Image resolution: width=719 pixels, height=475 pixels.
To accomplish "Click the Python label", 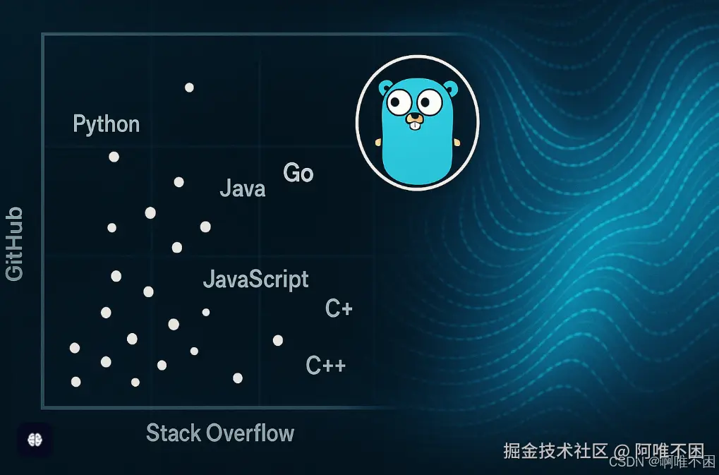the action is [x=106, y=124].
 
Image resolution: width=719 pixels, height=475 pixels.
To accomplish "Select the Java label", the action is [x=242, y=188].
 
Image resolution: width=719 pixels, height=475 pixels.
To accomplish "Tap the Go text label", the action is [x=298, y=173].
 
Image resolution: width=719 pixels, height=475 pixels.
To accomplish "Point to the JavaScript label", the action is [x=255, y=279].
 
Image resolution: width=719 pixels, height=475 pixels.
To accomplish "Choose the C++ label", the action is [x=325, y=366].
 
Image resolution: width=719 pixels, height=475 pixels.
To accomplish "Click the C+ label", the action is [x=339, y=308].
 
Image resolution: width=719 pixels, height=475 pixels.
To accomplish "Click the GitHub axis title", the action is [x=14, y=244].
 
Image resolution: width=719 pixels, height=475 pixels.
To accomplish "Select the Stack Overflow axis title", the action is [x=219, y=433].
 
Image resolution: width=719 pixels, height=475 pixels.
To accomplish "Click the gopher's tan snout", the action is [x=415, y=119].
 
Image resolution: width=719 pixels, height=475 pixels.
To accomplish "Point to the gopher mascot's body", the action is [x=416, y=152].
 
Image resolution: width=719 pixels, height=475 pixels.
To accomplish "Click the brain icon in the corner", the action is [x=34, y=439].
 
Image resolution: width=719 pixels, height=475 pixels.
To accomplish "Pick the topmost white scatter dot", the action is [x=189, y=88].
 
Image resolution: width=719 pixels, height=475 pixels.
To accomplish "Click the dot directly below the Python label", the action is [x=114, y=157].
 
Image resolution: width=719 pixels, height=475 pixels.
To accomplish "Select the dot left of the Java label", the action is [x=179, y=182].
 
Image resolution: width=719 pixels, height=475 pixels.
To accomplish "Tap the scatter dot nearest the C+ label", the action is [x=278, y=340].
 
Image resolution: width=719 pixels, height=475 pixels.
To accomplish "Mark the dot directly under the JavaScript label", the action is [x=206, y=312].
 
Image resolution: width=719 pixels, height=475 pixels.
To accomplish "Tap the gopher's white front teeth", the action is [x=415, y=128].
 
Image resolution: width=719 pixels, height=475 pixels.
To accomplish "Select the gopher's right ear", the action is [x=449, y=89].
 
